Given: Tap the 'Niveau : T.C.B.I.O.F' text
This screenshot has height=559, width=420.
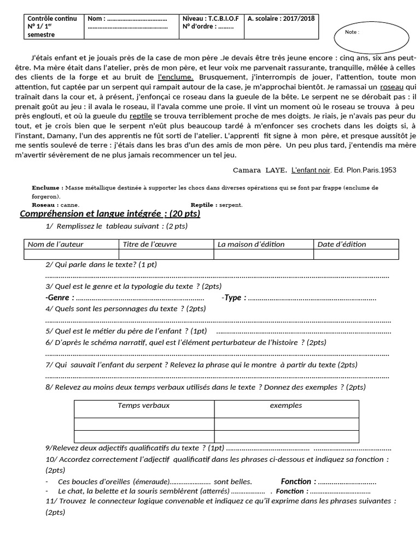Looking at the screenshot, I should point(211,19).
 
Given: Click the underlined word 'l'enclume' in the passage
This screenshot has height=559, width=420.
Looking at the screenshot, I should point(175,77).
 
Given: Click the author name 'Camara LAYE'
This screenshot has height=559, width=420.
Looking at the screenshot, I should point(260,170).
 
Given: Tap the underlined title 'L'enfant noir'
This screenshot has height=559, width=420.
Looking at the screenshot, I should point(311,170).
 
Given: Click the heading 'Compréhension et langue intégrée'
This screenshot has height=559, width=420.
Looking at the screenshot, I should point(109,213).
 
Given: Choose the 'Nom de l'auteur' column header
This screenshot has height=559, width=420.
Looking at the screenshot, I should point(55,244).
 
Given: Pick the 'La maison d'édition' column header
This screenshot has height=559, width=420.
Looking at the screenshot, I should point(249,244).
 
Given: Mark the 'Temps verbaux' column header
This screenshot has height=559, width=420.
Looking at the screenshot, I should point(143,405).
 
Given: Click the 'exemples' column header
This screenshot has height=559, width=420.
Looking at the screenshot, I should point(285,405).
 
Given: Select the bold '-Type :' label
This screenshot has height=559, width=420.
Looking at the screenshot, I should point(234,298).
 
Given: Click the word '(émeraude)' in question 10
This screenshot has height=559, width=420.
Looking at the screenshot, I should point(151,481).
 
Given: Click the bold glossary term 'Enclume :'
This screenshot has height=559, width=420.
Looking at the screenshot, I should point(48,188).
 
